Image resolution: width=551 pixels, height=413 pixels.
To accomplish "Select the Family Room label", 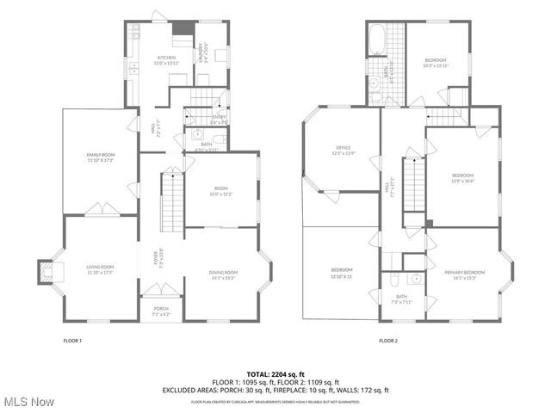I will tap(101, 157).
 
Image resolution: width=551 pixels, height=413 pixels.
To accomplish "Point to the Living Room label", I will tap(101, 269).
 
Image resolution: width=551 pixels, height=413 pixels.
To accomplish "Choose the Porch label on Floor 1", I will tap(161, 311).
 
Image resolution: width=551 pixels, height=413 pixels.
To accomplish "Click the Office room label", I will tap(344, 151).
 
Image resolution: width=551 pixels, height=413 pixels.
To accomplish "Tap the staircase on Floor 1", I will tap(173, 198).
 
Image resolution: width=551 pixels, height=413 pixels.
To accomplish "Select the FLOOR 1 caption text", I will tap(72, 341).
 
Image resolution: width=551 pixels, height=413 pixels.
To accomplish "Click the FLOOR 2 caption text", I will tap(388, 341).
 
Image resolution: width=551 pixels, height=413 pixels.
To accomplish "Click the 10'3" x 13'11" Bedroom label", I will tap(436, 62).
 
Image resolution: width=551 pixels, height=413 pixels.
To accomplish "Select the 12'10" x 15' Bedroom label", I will tap(341, 273).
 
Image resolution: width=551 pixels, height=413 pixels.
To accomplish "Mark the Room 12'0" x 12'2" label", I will tap(221, 191).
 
